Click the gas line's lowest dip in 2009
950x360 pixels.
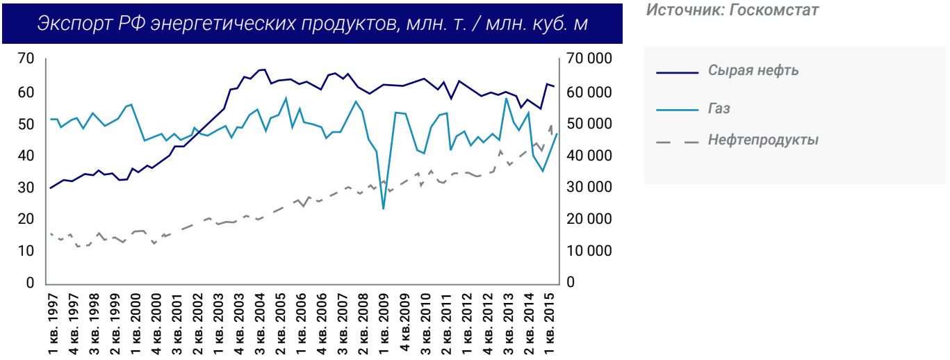click(384, 208)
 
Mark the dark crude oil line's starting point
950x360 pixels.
click(50, 188)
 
